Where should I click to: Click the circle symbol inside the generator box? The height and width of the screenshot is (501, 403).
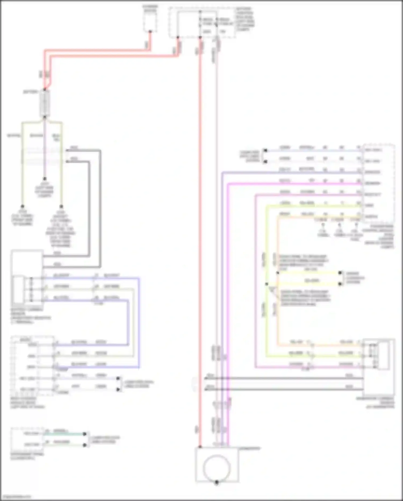pos(217,468)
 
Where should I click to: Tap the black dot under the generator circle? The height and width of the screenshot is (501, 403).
pos(217,482)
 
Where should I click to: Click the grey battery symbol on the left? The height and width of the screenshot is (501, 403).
pos(45,104)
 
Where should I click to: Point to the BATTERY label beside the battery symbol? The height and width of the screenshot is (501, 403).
pos(30,92)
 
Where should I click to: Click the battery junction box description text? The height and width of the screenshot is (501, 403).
pos(245,19)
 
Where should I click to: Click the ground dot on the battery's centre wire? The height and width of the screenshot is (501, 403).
pos(45,179)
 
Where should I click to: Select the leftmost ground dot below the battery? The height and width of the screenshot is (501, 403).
pos(23,206)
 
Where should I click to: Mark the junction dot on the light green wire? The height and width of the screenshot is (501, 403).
pos(267,284)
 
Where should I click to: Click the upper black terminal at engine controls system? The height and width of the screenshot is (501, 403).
pos(340,273)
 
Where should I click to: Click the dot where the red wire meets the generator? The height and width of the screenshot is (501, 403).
pos(200,447)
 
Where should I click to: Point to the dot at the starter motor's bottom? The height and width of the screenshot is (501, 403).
pos(150,32)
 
